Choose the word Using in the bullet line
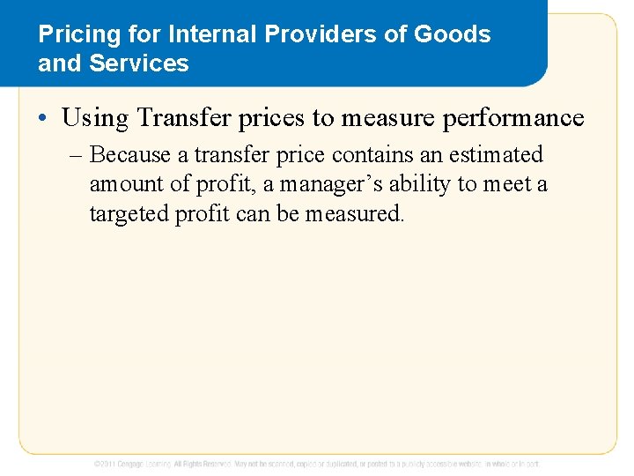94,118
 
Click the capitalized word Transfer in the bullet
186,117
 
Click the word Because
130,155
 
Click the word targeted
127,213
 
